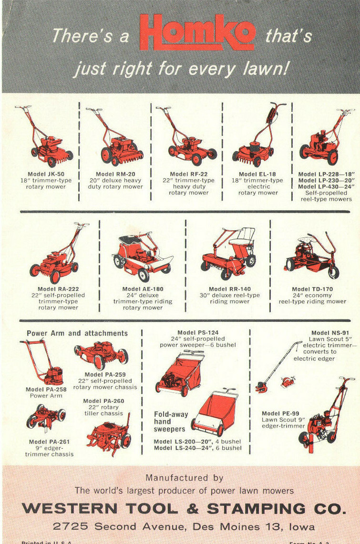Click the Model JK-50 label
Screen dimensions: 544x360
point(46,174)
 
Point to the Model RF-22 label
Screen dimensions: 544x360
point(188,174)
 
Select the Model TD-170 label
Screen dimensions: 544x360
point(312,289)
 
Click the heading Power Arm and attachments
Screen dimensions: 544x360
point(77,333)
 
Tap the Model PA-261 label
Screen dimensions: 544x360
point(50,442)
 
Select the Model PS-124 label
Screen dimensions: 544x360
point(197,332)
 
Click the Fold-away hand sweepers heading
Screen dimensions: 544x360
point(171,422)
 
